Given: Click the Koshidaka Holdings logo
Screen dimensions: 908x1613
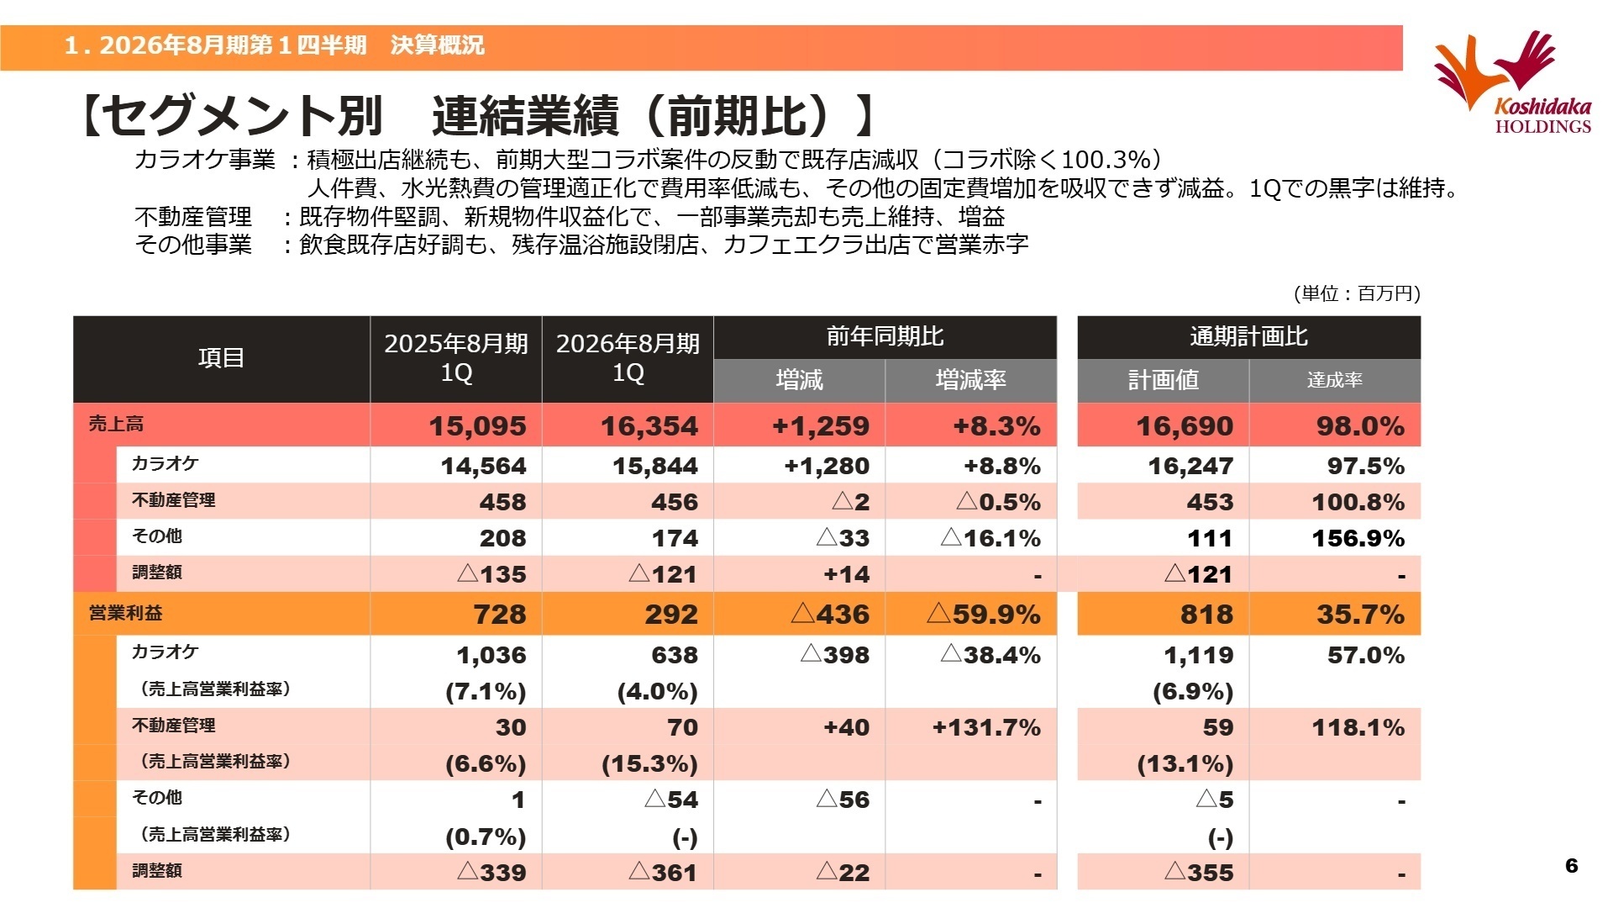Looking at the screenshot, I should (1512, 82).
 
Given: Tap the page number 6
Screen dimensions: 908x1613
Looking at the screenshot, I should (1572, 865).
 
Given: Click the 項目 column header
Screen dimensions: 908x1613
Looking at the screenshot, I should (221, 358).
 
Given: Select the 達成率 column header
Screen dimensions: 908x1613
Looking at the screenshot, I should (1334, 380).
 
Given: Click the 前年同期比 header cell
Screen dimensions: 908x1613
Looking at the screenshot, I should (885, 337).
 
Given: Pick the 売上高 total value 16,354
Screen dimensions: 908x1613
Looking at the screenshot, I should (649, 426).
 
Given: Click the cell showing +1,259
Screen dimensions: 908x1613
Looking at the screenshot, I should (821, 426).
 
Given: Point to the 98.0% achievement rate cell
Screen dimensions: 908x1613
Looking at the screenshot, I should (1360, 426).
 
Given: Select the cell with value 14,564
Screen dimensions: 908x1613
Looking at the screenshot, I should (483, 466).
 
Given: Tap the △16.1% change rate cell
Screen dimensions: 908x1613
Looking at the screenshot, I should (990, 538).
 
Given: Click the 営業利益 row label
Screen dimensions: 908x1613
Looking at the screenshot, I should (126, 614).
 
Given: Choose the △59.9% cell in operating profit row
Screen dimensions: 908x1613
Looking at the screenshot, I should (984, 615).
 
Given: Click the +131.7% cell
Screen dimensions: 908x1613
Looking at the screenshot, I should (986, 727).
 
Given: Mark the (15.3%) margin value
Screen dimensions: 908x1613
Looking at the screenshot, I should (649, 764).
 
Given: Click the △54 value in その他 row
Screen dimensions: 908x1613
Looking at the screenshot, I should (671, 800).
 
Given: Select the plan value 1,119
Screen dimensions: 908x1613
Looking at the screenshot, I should (1198, 655).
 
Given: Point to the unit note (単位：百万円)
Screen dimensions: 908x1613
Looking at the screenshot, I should (1357, 293).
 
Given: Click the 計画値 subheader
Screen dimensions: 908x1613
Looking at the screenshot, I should (1163, 380).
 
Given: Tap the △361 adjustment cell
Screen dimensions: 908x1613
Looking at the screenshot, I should (663, 873).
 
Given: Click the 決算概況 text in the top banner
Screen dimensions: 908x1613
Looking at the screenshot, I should (437, 45).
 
